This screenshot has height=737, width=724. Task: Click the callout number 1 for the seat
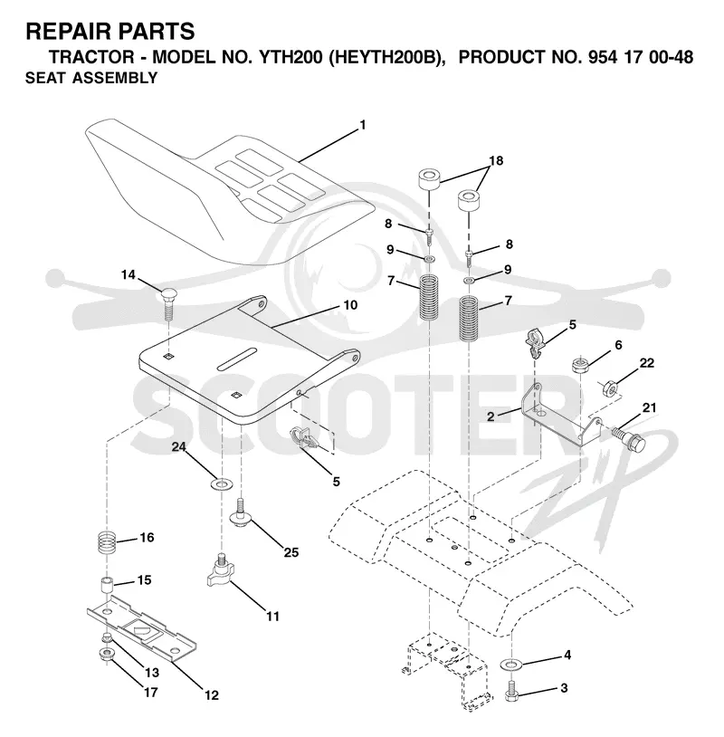[x=362, y=125]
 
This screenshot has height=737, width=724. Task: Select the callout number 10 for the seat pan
[x=350, y=305]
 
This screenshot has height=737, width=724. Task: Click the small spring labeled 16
[x=107, y=542]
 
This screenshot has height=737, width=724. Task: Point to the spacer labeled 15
[x=107, y=585]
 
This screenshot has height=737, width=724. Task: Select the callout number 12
[x=212, y=694]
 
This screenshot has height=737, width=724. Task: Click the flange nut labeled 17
[x=108, y=654]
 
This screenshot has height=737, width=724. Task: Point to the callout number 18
[x=496, y=160]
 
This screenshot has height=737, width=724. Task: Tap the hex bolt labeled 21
[x=629, y=438]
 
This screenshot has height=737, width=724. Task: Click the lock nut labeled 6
[x=581, y=365]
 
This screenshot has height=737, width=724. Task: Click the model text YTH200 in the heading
[x=291, y=57]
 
